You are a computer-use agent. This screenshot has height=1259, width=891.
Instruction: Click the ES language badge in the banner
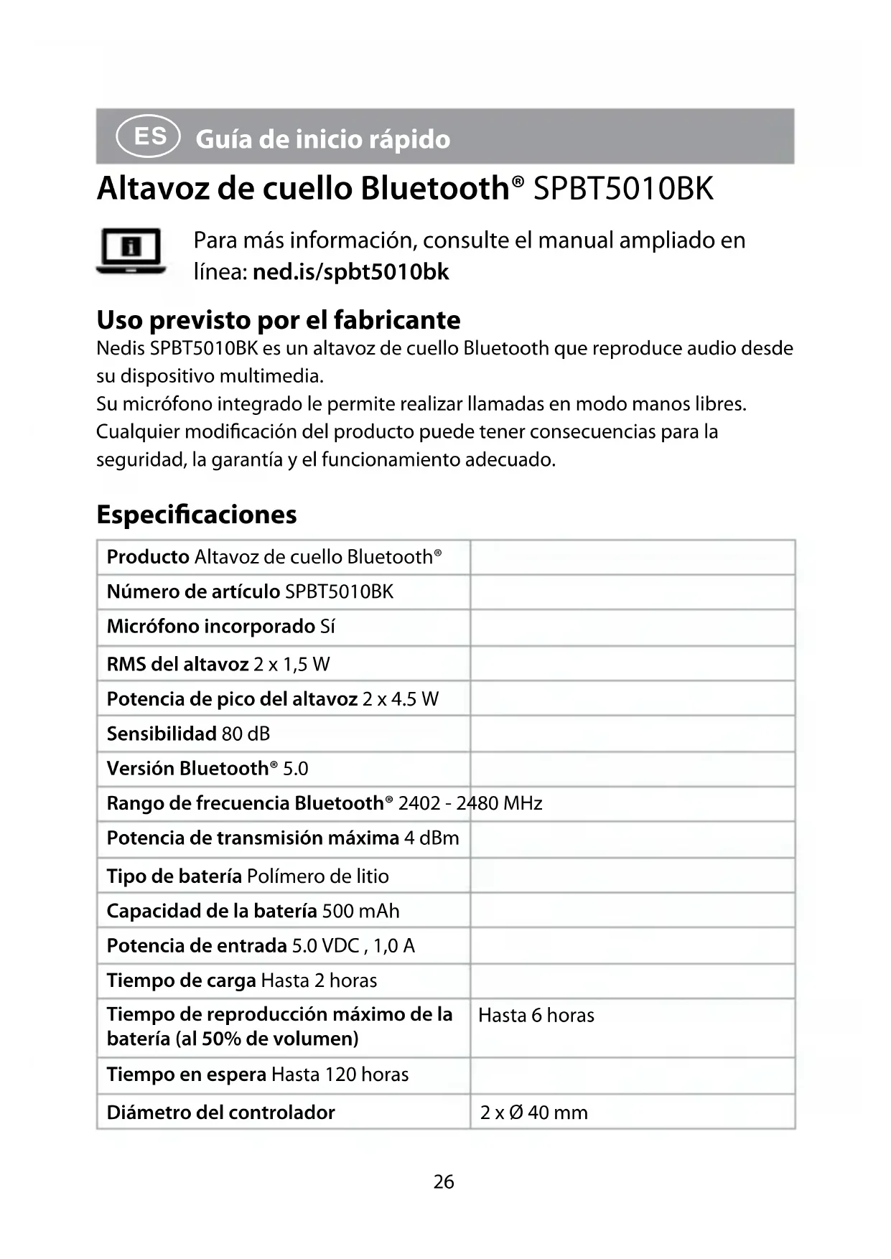coord(149,136)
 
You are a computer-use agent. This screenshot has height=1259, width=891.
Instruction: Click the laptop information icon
coord(131,251)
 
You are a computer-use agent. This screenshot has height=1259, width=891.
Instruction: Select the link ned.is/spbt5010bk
coord(350,272)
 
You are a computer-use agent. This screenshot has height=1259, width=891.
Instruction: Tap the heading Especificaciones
coord(196,515)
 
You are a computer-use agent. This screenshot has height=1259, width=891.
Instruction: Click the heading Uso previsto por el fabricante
coord(279,320)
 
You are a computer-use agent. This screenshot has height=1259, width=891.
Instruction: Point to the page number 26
coord(444,1181)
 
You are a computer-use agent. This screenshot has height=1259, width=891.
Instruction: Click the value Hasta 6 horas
coord(536,1015)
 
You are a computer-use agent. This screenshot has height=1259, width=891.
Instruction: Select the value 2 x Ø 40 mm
coord(533,1113)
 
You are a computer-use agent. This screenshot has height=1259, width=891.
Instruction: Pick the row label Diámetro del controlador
coord(220,1113)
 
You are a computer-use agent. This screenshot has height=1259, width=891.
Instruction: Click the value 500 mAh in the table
coord(360,911)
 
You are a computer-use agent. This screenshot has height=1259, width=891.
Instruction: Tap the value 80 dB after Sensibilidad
coord(246,734)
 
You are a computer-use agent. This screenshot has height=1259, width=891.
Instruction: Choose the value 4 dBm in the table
coord(431,838)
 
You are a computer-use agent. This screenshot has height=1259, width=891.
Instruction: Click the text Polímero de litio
coord(317,876)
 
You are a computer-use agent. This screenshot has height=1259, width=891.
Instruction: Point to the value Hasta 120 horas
coord(340,1075)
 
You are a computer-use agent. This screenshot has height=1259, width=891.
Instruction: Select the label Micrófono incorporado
coord(211,627)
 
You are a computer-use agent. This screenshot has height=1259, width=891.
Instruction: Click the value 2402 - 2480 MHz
coord(470,802)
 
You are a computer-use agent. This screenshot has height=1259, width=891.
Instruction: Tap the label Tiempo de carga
coord(181,980)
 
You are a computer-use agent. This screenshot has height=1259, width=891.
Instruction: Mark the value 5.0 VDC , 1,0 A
coord(353,945)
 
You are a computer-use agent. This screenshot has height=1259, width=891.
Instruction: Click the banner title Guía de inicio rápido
coord(322,139)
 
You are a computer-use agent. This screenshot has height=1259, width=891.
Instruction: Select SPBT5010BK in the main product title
coord(623,189)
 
